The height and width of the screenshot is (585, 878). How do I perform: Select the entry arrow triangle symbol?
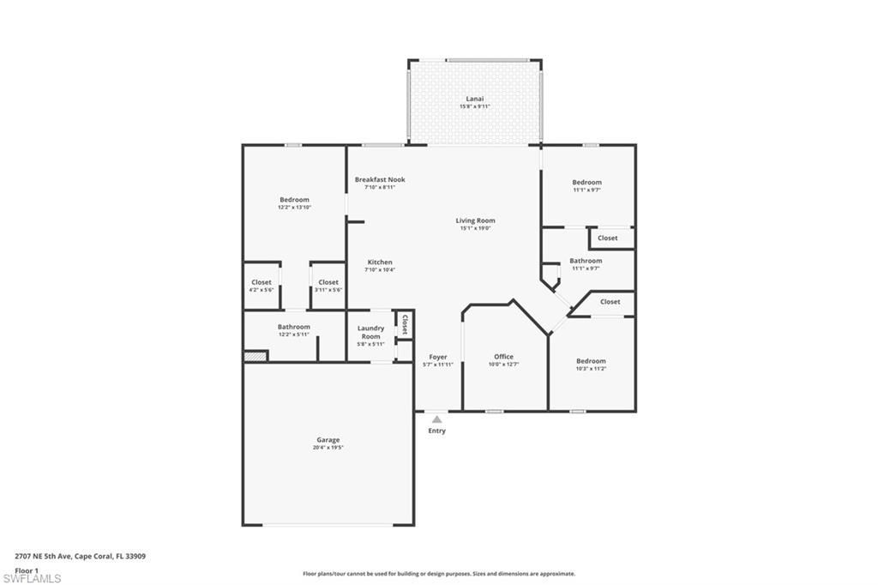click(436, 419)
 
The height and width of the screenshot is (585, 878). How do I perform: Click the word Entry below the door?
click(436, 431)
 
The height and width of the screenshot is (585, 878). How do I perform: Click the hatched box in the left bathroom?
click(256, 356)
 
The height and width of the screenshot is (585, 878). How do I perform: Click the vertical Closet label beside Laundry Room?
click(403, 323)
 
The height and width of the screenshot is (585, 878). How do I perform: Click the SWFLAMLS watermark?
click(32, 577)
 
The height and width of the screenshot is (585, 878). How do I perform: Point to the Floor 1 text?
click(27, 570)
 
